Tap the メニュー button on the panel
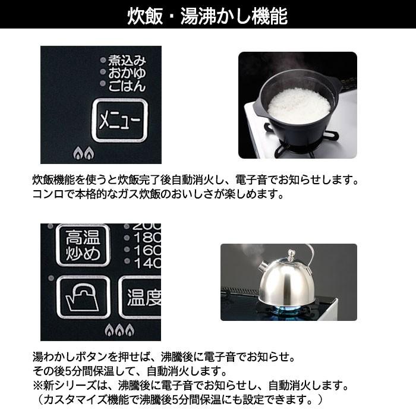tap(119, 121)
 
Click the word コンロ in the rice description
tap(48, 194)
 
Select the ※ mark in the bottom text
tap(38, 385)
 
